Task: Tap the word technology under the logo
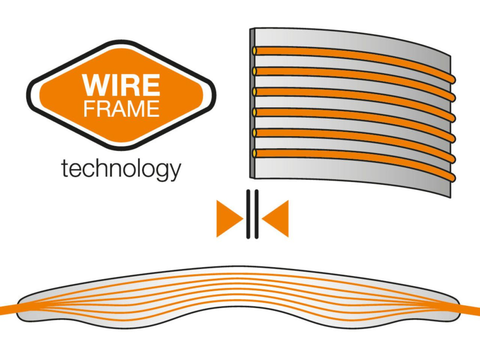tap(121, 169)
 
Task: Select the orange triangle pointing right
tap(228, 218)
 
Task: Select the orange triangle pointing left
tap(277, 218)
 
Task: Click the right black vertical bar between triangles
tap(256, 214)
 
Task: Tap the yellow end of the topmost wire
tap(255, 50)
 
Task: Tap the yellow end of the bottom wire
tap(255, 153)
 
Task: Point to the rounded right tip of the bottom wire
tap(452, 178)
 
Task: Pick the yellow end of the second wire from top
tap(255, 71)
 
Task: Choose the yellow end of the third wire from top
tap(255, 91)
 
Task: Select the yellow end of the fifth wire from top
tap(255, 133)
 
